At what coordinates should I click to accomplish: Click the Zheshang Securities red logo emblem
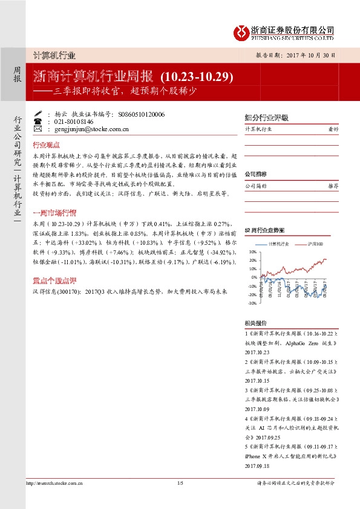[241, 31]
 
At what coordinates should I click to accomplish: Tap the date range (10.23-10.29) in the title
[197, 77]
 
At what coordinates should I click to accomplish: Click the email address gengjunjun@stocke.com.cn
[91, 129]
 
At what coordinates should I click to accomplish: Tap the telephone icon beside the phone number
[38, 121]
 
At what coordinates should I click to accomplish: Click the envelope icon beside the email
[38, 129]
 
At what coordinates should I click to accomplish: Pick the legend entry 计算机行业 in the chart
[278, 242]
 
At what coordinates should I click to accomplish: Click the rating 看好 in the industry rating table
[333, 129]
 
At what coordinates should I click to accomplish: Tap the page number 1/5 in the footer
[180, 482]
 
